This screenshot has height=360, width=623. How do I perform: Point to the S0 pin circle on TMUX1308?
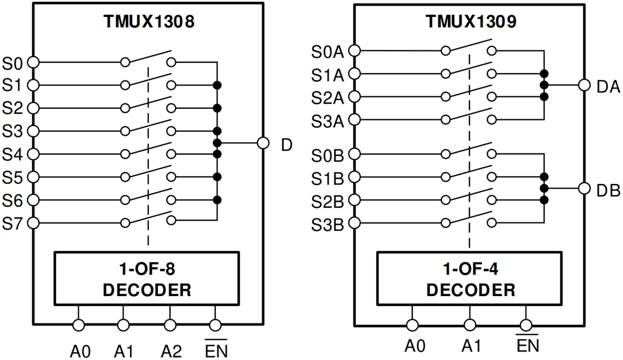click(33, 62)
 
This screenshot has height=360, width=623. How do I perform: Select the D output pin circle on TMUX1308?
click(263, 143)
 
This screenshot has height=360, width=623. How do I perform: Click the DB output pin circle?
click(584, 188)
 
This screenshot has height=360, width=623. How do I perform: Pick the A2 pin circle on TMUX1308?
click(170, 325)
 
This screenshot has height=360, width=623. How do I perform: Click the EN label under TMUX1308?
click(216, 350)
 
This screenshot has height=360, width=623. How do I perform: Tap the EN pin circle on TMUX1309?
click(527, 325)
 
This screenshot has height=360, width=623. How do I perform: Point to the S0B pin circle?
click(355, 153)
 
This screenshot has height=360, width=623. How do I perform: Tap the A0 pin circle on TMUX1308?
click(79, 325)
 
